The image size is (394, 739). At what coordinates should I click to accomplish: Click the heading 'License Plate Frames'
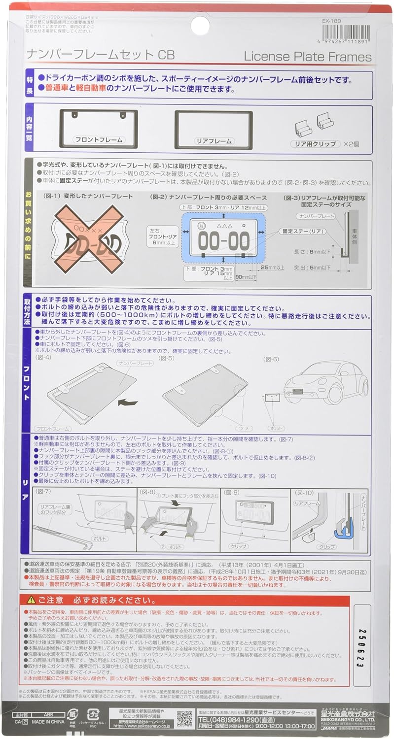click(308, 57)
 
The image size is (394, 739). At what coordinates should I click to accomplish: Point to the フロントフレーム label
click(99, 140)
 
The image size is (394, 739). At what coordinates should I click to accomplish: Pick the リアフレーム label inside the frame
click(214, 141)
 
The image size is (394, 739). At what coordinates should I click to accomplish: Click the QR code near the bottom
click(184, 718)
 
